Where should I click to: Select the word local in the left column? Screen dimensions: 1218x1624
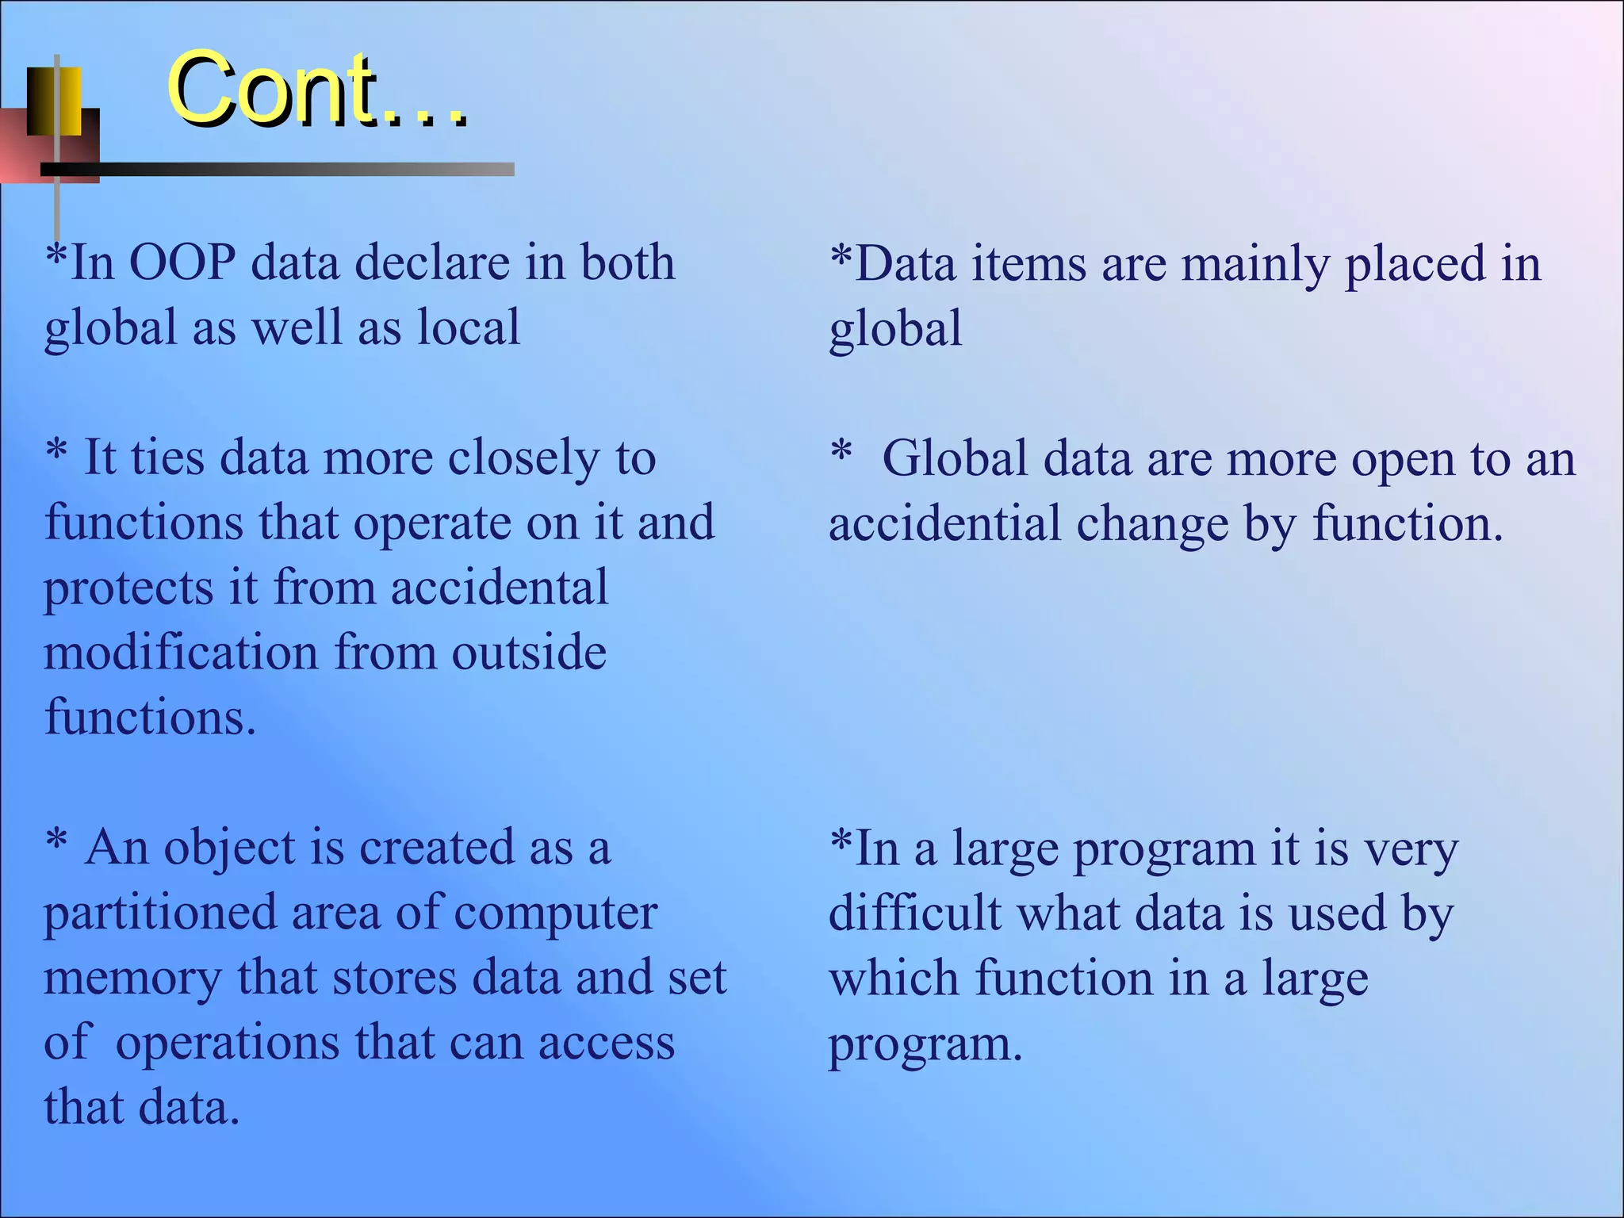(x=469, y=327)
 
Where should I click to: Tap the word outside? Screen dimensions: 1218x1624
(x=529, y=653)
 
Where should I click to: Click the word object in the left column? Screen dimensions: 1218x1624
(x=229, y=848)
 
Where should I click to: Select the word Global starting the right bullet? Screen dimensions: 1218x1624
(x=955, y=459)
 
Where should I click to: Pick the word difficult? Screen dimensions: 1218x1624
(x=915, y=913)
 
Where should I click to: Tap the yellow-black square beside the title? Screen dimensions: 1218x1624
(x=54, y=101)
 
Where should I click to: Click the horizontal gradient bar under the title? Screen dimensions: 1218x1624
(x=278, y=169)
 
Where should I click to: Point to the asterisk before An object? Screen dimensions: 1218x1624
(x=56, y=841)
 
